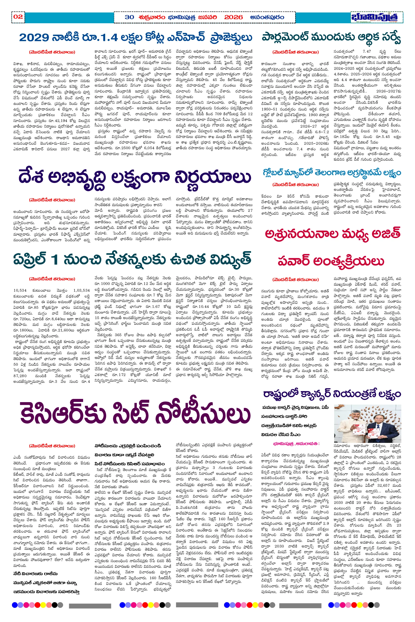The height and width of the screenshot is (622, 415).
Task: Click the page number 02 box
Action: tap(18, 17)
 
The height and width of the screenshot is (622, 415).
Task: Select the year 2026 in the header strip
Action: tap(234, 18)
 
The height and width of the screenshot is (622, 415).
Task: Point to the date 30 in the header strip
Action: tap(129, 18)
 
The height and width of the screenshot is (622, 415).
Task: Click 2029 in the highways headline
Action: tap(34, 38)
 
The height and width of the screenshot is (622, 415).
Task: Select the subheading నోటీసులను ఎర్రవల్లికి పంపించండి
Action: tap(128, 446)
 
